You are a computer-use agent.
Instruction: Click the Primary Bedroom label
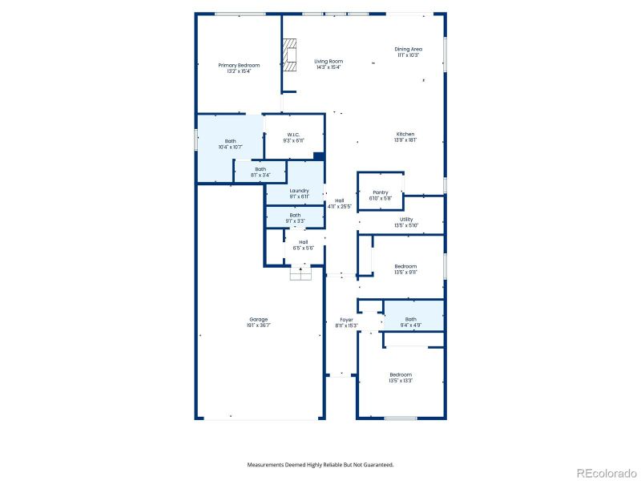(x=239, y=67)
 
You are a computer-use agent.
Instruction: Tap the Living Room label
(x=328, y=64)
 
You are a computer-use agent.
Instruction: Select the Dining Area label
(x=408, y=52)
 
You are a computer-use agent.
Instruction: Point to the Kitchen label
(x=405, y=136)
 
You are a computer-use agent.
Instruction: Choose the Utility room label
(x=406, y=222)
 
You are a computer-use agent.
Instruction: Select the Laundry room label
(x=299, y=193)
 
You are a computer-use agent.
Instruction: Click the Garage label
(x=258, y=321)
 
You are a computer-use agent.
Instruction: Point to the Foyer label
(x=346, y=322)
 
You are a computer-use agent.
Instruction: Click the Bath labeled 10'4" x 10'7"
(x=231, y=143)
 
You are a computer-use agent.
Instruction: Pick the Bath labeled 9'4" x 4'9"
(x=410, y=321)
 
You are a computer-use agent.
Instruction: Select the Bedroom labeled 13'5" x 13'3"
(x=401, y=378)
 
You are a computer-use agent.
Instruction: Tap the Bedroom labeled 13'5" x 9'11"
(x=405, y=269)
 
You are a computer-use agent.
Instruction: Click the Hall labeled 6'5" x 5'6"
(x=303, y=245)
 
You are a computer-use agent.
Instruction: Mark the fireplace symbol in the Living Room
(x=288, y=56)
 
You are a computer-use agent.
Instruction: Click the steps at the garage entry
(x=300, y=273)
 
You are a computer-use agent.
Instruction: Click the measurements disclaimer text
(x=320, y=464)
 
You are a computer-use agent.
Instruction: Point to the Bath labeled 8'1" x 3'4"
(x=260, y=172)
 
